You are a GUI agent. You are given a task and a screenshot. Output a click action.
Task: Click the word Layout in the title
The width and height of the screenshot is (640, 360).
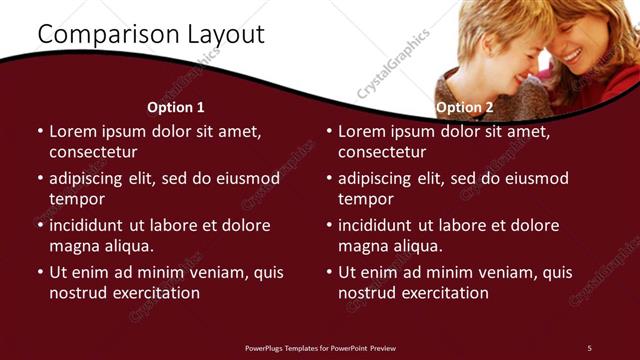point(226,34)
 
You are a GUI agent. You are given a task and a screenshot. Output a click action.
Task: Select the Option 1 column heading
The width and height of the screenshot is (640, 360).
point(176,107)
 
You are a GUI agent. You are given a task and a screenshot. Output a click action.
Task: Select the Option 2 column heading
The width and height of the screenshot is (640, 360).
point(465,107)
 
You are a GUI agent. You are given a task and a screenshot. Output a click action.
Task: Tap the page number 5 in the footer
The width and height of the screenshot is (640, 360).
point(589,347)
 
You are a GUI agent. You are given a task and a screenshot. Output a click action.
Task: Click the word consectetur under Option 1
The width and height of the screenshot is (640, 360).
point(93,153)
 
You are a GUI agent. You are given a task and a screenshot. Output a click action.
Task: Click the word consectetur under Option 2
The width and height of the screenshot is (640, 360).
point(382,153)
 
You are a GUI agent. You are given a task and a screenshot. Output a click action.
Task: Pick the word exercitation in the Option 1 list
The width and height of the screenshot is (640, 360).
point(155,293)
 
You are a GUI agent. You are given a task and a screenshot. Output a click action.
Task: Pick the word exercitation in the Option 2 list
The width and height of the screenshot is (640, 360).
point(444,293)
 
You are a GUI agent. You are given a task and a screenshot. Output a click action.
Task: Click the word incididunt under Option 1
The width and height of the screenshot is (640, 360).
point(90,225)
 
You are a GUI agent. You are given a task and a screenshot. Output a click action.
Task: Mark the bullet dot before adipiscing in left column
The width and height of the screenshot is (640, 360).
point(40,179)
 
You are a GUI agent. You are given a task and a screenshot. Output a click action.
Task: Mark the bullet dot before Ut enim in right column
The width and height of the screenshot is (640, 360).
point(329,272)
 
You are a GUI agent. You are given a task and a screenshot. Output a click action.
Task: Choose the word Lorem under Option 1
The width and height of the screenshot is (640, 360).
point(73,131)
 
